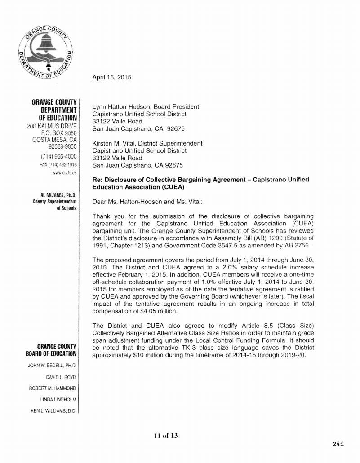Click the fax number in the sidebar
click(x=63, y=164)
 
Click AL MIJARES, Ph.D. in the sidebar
click(x=59, y=195)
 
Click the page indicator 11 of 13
click(x=163, y=435)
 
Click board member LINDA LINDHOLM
click(x=61, y=399)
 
